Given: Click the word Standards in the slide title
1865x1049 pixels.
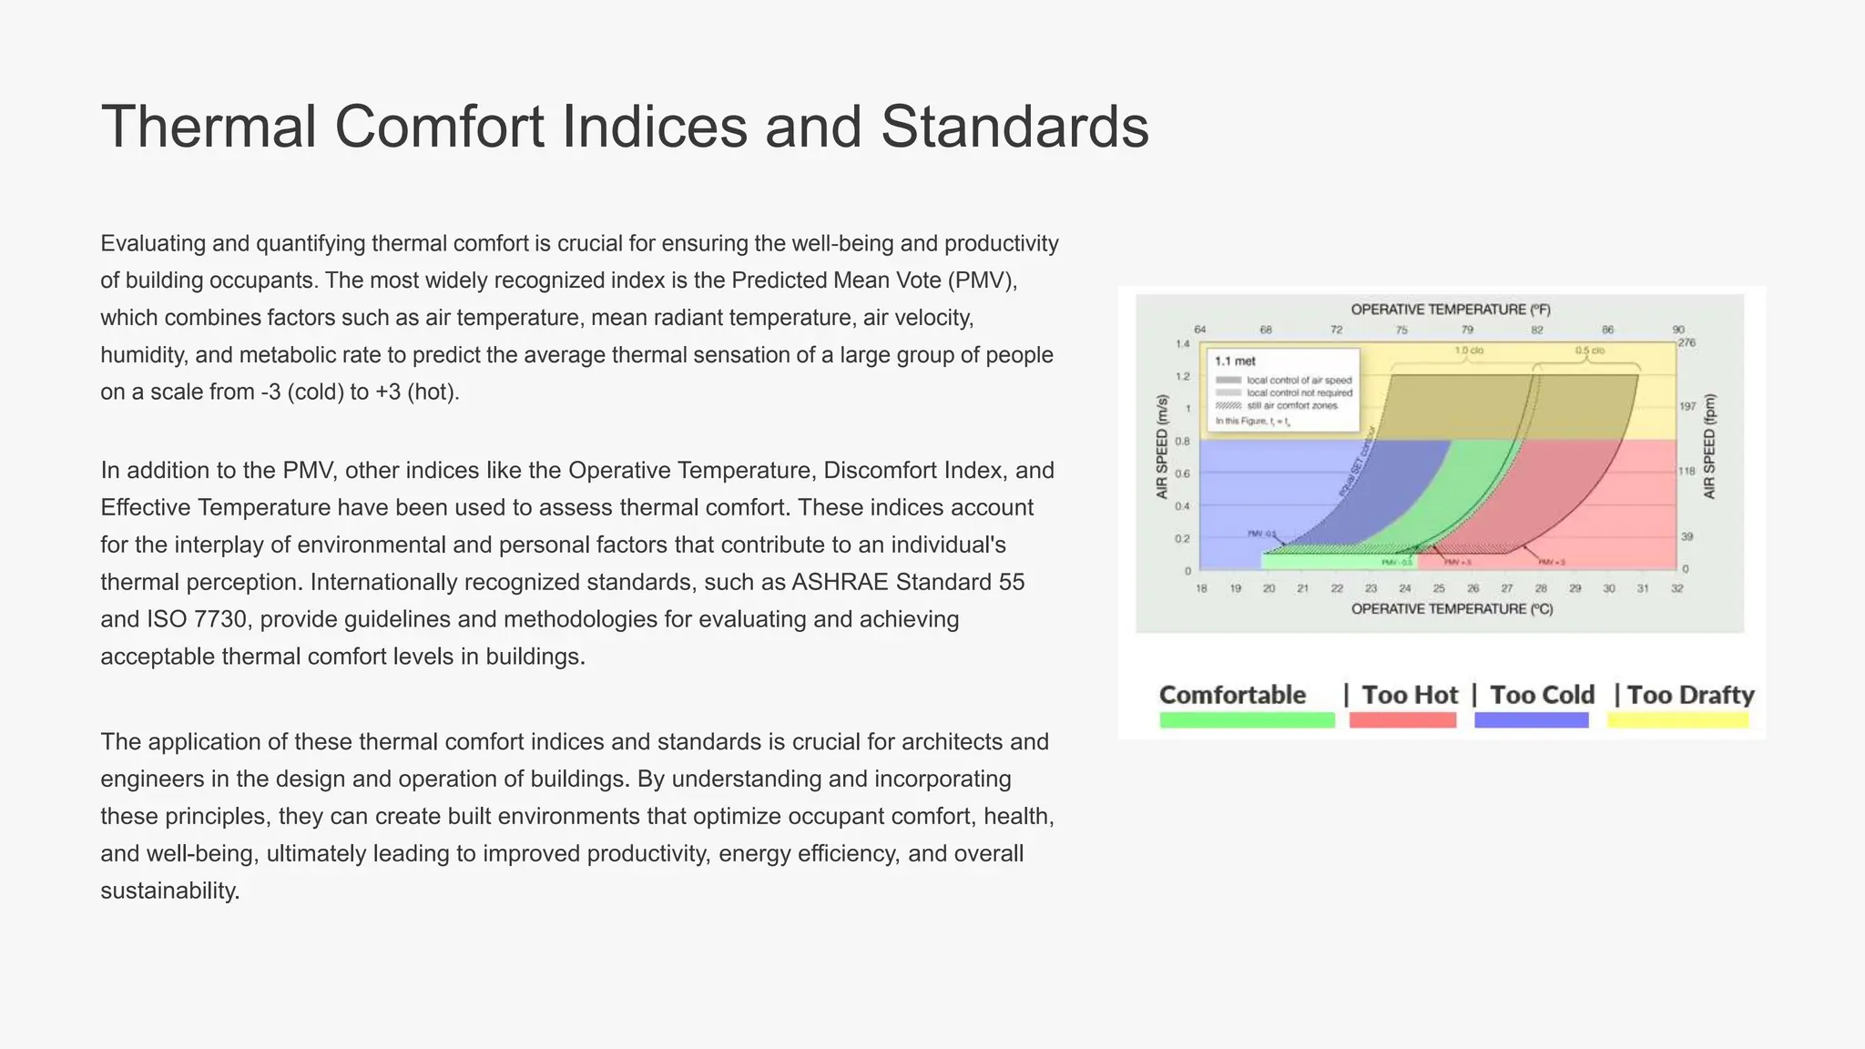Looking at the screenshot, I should pyautogui.click(x=1014, y=127).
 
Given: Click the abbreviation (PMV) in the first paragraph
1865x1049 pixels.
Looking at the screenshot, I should pyautogui.click(x=982, y=280).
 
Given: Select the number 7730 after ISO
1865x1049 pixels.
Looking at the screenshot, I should pyautogui.click(x=219, y=619).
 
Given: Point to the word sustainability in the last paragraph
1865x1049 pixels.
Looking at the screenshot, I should pyautogui.click(x=169, y=891).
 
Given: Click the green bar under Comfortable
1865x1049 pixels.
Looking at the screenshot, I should pyautogui.click(x=1247, y=720).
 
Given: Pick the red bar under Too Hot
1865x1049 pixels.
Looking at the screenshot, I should pyautogui.click(x=1402, y=720).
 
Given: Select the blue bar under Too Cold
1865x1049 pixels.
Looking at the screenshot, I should pyautogui.click(x=1531, y=720).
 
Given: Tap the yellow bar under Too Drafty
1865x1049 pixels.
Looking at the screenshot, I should pyautogui.click(x=1677, y=720).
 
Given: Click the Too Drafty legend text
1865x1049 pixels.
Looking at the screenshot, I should pyautogui.click(x=1690, y=695).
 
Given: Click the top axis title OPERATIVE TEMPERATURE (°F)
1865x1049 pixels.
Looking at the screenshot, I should pyautogui.click(x=1451, y=310).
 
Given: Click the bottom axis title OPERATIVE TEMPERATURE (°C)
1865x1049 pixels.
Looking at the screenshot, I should pyautogui.click(x=1452, y=608).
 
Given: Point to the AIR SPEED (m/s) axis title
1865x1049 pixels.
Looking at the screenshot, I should pyautogui.click(x=1162, y=446).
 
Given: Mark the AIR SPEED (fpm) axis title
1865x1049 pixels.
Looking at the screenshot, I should pyautogui.click(x=1709, y=446).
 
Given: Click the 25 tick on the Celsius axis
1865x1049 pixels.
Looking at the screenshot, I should pyautogui.click(x=1439, y=589).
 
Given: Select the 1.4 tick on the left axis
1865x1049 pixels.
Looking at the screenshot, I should pyautogui.click(x=1182, y=344).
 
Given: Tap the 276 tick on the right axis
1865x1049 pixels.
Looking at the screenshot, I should pyautogui.click(x=1687, y=343).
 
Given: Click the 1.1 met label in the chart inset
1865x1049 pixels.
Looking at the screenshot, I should pyautogui.click(x=1235, y=362).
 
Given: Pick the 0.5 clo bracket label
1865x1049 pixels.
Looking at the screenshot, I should pyautogui.click(x=1590, y=351).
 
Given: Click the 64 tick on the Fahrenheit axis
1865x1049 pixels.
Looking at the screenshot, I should pyautogui.click(x=1200, y=330).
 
